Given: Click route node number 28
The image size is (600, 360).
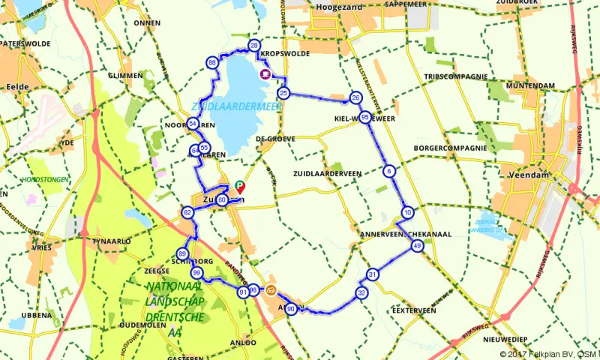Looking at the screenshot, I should pos(254,46).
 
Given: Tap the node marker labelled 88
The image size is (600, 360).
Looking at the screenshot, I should pos(214,62).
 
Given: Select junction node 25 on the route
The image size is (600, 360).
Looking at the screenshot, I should pos(283,93).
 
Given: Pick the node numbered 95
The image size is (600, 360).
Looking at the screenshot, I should pos(364,117).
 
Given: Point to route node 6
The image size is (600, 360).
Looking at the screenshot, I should pos(388,171).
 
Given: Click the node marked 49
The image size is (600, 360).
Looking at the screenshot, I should pos(418,245).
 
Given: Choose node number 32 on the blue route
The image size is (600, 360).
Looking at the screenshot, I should pos(361,292).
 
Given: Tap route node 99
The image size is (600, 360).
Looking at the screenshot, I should pos(196,272).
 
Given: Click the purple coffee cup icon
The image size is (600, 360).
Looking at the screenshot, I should pos(265,74).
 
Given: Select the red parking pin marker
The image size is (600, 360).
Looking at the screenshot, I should pos(240,185).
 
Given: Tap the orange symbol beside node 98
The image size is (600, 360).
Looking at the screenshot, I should pos(271,291).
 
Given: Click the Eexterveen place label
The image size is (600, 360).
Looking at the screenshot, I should pos(414,309).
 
